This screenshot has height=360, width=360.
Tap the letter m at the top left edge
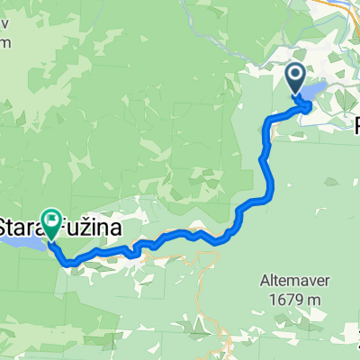[6, 40]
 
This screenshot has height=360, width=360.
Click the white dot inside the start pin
[296, 75]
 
